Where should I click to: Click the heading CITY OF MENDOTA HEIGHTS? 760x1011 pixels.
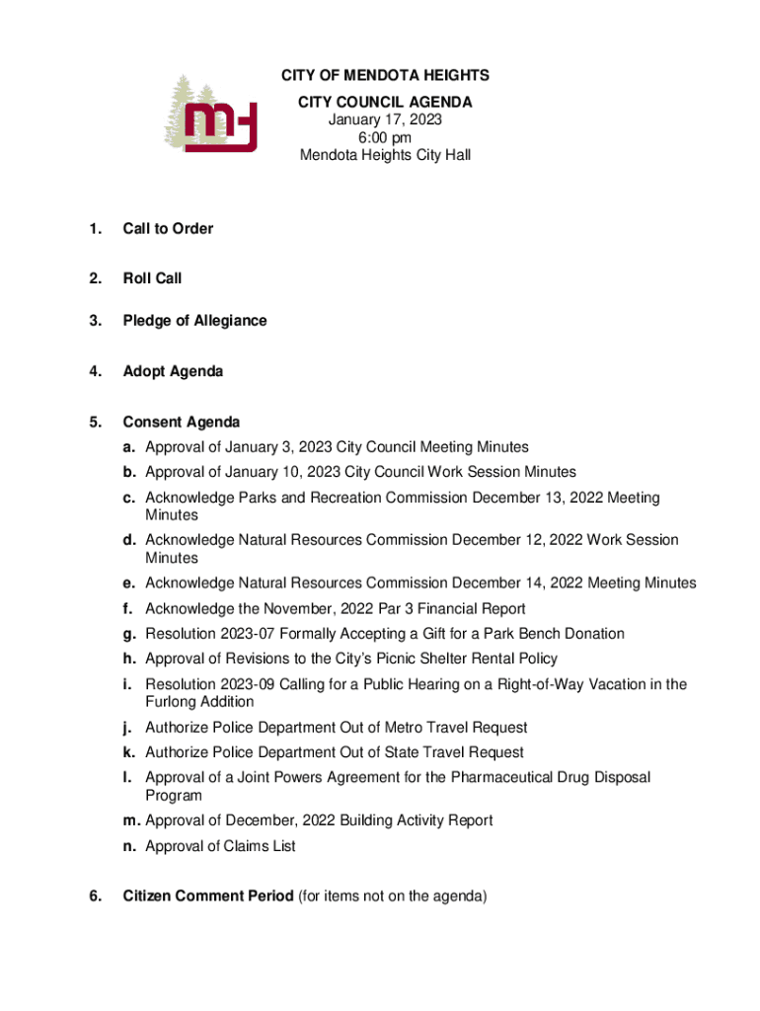pyautogui.click(x=385, y=76)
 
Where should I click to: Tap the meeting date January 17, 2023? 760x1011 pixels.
pyautogui.click(x=385, y=119)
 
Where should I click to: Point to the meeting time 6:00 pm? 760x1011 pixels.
pyautogui.click(x=385, y=137)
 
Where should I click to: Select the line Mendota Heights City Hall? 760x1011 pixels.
pyautogui.click(x=385, y=155)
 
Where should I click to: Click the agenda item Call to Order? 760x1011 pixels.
pyautogui.click(x=168, y=229)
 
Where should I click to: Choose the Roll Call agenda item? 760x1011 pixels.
pyautogui.click(x=152, y=278)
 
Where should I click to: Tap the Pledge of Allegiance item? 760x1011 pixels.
pyautogui.click(x=194, y=321)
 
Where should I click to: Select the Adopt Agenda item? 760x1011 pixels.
pyautogui.click(x=173, y=371)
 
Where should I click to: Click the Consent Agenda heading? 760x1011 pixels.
pyautogui.click(x=182, y=423)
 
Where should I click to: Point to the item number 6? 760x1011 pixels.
pyautogui.click(x=94, y=896)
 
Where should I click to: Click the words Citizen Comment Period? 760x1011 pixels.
pyautogui.click(x=207, y=896)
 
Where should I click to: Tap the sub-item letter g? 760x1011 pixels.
pyautogui.click(x=129, y=634)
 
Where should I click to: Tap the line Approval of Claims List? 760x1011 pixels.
pyautogui.click(x=220, y=846)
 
